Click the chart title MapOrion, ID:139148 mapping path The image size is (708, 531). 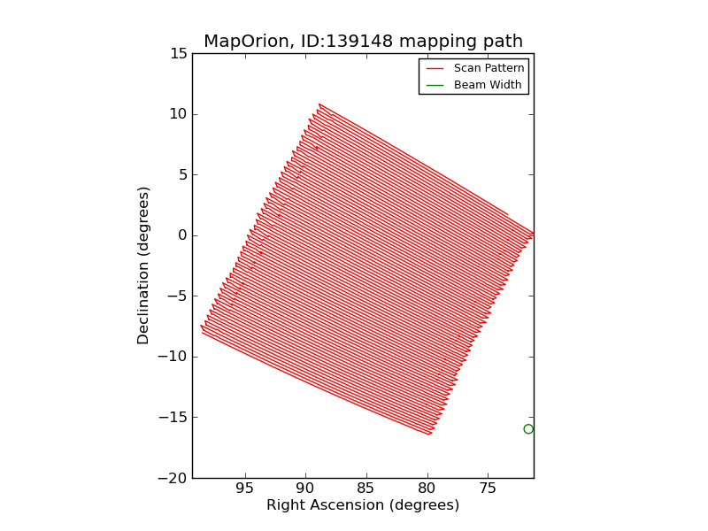(363, 42)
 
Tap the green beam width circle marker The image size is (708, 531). (528, 429)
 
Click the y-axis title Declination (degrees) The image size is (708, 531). (143, 265)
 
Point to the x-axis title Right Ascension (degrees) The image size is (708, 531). (363, 505)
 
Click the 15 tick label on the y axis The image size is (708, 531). (178, 54)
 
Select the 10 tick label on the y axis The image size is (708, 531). (178, 114)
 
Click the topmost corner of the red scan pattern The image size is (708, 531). (319, 104)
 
